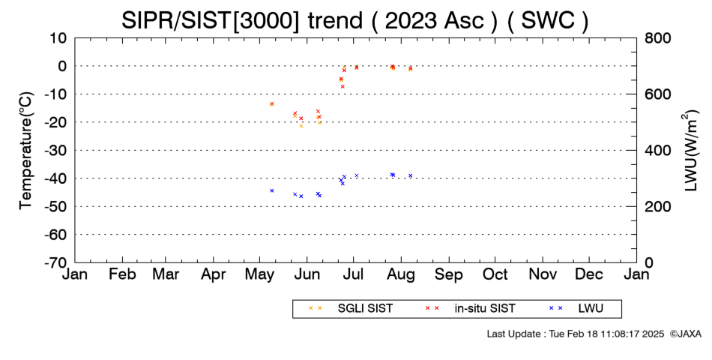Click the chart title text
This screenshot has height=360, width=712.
tap(355, 20)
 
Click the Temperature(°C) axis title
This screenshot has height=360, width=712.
tap(26, 151)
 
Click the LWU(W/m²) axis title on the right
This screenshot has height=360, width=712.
tap(690, 151)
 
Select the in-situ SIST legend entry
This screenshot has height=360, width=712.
tap(470, 309)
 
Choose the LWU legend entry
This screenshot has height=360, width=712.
tap(576, 309)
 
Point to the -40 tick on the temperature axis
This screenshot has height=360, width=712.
tap(55, 178)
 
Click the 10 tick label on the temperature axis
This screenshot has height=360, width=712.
tap(58, 37)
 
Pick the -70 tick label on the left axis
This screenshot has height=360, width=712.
tap(55, 262)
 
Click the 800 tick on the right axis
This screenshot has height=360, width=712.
tap(657, 37)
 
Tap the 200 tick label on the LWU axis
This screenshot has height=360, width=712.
tap(657, 206)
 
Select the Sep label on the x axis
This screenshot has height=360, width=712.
tap(449, 274)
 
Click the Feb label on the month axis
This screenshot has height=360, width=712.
tap(122, 274)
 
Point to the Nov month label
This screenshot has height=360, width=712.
tap(543, 274)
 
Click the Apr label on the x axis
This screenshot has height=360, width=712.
tap(214, 274)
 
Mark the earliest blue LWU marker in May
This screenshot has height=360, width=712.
tap(272, 190)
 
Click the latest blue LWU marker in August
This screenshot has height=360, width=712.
tap(411, 176)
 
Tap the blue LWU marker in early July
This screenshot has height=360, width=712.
tap(357, 176)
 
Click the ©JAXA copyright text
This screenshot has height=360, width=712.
tap(685, 334)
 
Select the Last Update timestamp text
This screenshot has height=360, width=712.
tap(576, 334)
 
